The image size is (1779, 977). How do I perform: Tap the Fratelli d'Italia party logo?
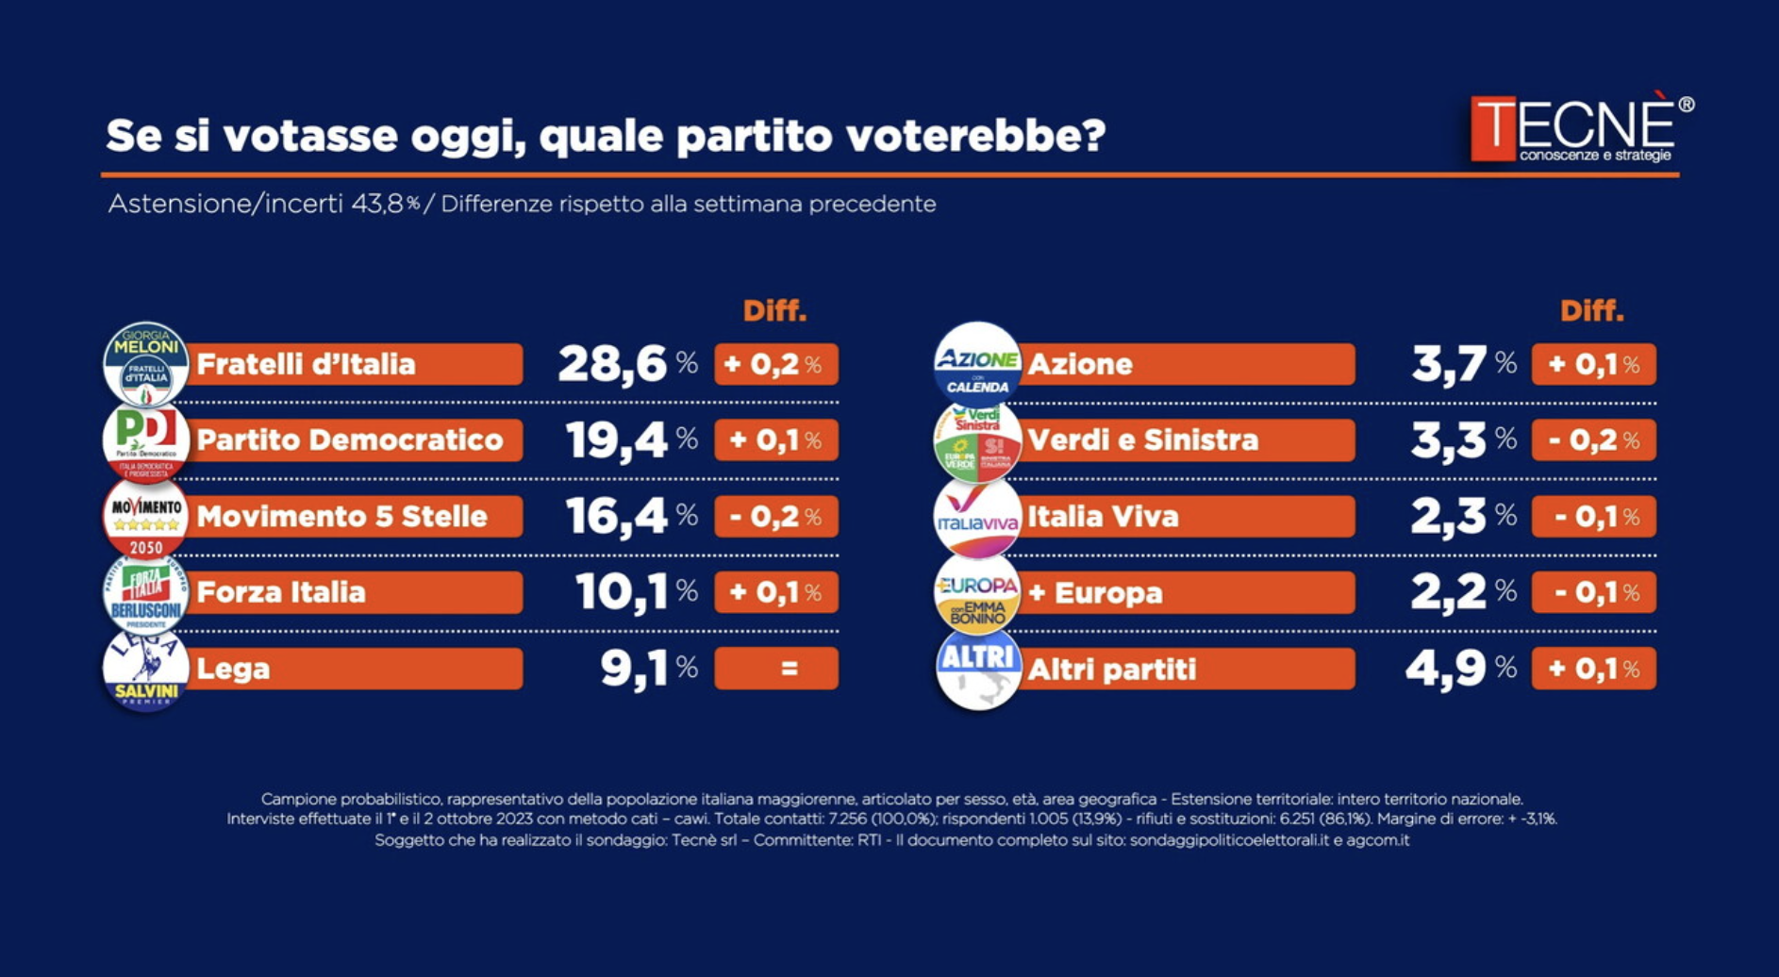tap(145, 364)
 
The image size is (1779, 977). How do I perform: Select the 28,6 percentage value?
tap(612, 364)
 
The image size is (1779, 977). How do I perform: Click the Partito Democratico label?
tap(350, 440)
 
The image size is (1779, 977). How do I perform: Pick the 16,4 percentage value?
tap(616, 517)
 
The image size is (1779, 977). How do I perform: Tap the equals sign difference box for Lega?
tap(776, 669)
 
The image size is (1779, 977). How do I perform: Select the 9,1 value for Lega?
tap(634, 669)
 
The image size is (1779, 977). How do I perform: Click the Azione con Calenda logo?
tap(976, 364)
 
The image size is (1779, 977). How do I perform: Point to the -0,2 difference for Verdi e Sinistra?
tap(1593, 440)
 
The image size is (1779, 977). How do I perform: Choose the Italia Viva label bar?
tap(1189, 517)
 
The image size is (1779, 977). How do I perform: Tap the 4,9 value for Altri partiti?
tap(1446, 669)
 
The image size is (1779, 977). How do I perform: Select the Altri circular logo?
tap(978, 669)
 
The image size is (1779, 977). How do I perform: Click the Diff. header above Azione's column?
tap(1591, 311)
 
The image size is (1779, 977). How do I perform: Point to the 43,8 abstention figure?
tap(377, 204)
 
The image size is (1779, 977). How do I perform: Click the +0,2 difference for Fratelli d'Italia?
tap(776, 364)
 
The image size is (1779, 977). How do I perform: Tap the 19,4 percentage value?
tap(616, 440)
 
